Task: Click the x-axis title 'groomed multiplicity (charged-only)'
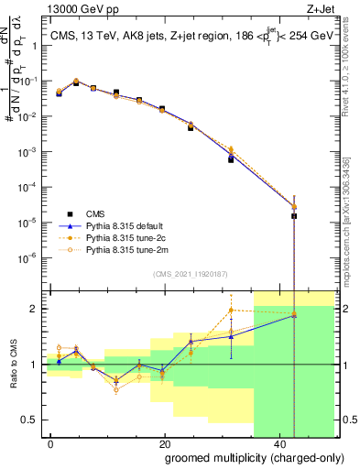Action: [243, 457]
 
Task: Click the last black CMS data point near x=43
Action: [294, 216]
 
